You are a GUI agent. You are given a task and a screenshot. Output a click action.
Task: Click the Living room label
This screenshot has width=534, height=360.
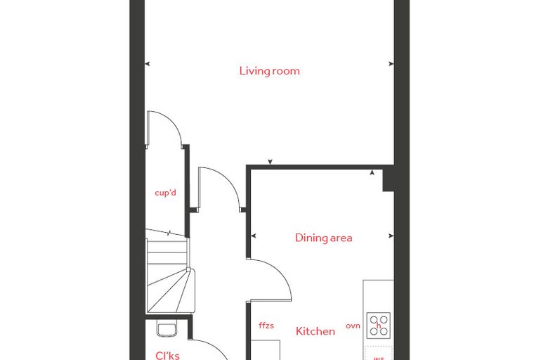click(x=269, y=71)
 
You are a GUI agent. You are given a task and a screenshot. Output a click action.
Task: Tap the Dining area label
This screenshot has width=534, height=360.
click(x=323, y=238)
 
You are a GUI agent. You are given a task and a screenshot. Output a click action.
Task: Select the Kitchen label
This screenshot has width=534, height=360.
click(x=315, y=331)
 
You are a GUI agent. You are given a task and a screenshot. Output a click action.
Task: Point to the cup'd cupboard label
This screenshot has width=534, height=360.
click(x=166, y=193)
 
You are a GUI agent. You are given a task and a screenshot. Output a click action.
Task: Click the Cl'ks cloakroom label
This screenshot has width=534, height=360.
click(x=167, y=356)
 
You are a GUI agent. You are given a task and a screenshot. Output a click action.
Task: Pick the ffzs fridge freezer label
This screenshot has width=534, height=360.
click(x=266, y=326)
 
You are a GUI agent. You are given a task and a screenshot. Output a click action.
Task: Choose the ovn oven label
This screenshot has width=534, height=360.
click(x=353, y=326)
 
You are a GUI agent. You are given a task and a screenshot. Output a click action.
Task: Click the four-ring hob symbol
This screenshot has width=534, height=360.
click(x=379, y=326)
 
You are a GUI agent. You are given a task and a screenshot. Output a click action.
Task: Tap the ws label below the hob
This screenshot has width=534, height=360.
click(x=379, y=358)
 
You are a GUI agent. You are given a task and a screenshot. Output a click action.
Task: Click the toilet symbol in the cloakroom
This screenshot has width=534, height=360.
click(x=167, y=328)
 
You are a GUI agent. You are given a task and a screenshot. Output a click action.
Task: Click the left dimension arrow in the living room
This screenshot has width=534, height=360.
click(x=148, y=64)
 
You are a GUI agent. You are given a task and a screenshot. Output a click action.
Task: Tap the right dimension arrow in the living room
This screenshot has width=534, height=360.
click(x=391, y=64)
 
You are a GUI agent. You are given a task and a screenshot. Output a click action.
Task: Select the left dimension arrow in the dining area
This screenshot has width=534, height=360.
click(x=253, y=236)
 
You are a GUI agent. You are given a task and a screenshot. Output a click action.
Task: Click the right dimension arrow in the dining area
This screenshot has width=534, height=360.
click(x=391, y=236)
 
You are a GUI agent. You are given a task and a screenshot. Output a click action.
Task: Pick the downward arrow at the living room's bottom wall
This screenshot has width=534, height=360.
click(x=270, y=162)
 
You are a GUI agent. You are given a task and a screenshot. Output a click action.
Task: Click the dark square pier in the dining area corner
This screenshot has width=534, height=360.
click(x=389, y=180)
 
